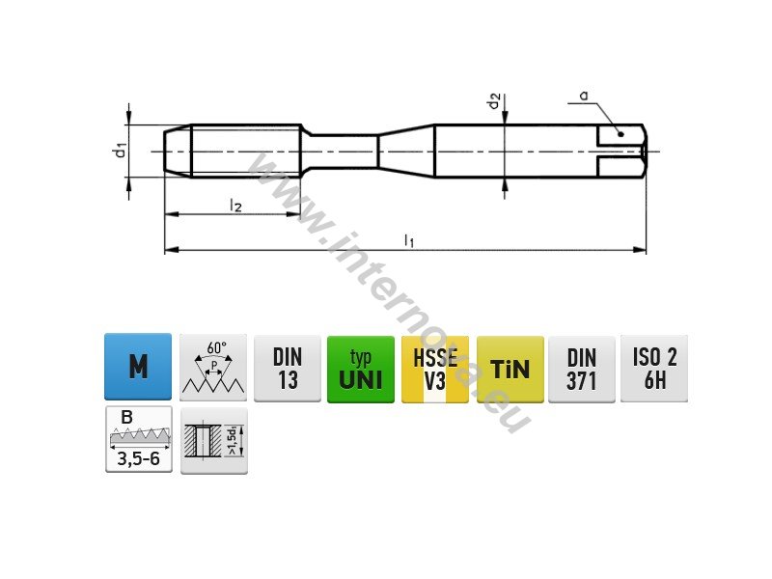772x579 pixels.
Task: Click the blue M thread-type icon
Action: (138, 367)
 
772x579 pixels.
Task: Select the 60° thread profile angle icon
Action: (213, 368)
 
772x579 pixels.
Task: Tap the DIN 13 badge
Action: (288, 369)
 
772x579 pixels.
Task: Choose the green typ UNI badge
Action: (361, 370)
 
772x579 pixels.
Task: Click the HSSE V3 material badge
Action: (435, 370)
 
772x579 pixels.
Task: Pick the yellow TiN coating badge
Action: (510, 370)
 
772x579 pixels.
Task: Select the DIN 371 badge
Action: (582, 370)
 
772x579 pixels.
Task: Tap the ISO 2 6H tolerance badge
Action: (654, 369)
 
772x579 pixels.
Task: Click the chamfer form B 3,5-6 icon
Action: (139, 439)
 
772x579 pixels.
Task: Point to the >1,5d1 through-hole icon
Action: (214, 441)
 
